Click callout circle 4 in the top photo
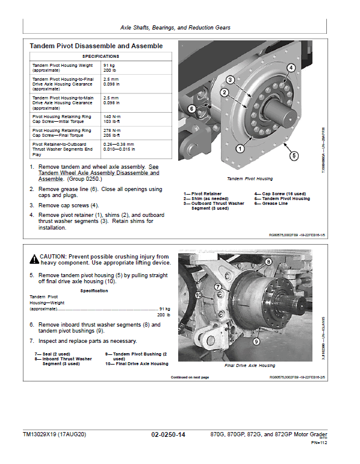(291, 67)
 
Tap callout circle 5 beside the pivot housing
(294, 156)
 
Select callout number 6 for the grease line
(191, 108)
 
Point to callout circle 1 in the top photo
(240, 149)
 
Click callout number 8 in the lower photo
(268, 262)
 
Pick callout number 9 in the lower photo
(256, 342)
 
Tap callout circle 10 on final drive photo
(198, 295)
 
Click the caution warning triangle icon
(34, 259)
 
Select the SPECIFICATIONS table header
(101, 57)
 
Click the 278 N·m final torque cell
(112, 133)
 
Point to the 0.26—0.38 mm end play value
(119, 145)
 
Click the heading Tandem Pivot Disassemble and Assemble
(96, 46)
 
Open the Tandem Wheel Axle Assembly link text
(99, 173)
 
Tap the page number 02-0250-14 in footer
(168, 434)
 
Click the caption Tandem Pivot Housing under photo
(250, 179)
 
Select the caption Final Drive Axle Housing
(250, 365)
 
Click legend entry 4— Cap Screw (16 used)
(280, 194)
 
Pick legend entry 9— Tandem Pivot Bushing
(136, 356)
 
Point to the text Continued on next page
(190, 377)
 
